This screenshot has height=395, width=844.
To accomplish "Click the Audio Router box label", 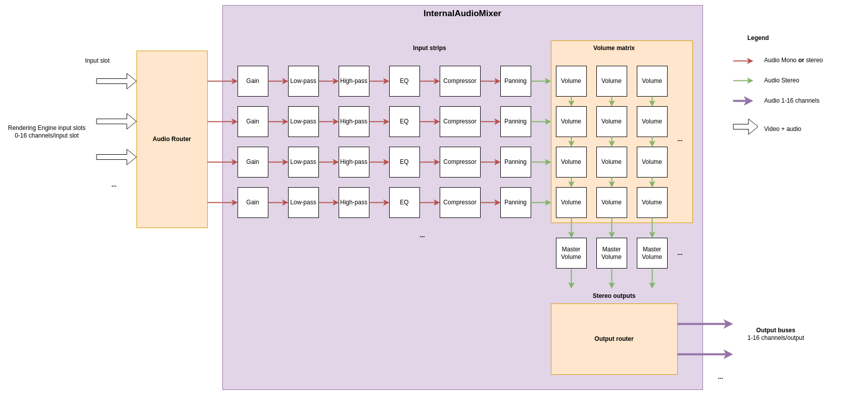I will (x=172, y=139).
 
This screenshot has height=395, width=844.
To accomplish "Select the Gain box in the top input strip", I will (x=253, y=81).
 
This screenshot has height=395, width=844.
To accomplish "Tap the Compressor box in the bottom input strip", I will (x=460, y=202).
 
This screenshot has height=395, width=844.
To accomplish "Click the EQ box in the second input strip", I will (x=404, y=121).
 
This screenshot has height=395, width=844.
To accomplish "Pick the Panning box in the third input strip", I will (x=515, y=162).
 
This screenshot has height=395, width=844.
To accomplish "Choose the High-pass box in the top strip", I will (x=354, y=81).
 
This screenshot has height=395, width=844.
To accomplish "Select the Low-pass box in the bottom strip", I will (x=303, y=202).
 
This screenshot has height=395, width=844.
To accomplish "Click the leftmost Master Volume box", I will (x=571, y=253).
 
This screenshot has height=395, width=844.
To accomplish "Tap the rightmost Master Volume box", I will (x=652, y=253).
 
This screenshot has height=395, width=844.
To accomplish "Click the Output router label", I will (x=614, y=339).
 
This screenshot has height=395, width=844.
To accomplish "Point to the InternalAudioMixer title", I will (x=462, y=14).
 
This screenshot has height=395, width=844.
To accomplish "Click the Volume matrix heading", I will (x=614, y=48).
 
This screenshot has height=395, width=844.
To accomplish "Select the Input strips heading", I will (x=429, y=48).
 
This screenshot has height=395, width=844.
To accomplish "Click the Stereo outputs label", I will (x=614, y=296).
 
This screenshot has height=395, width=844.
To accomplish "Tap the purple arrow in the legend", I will (x=742, y=101).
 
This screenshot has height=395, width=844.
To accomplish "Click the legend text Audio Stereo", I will (x=781, y=80).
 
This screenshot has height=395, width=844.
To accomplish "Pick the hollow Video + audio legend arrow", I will (x=745, y=127).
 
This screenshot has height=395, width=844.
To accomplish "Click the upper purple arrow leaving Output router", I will (x=705, y=324).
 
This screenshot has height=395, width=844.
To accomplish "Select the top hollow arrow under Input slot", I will (x=116, y=81).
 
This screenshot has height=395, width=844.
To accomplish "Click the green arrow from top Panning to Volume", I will (x=541, y=81).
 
